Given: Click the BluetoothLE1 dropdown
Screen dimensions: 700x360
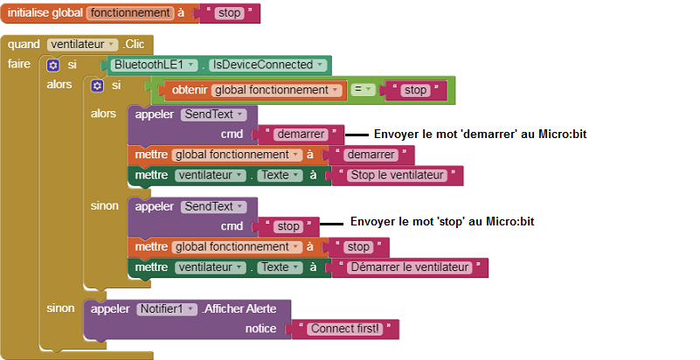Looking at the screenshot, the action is pyautogui.click(x=154, y=65).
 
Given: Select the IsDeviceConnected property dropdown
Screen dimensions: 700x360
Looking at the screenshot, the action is pyautogui.click(x=268, y=65).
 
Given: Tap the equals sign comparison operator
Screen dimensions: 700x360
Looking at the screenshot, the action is pyautogui.click(x=362, y=90).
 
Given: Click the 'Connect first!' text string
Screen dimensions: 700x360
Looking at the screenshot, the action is pyautogui.click(x=345, y=329).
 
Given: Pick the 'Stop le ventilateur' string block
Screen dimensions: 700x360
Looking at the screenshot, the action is pyautogui.click(x=397, y=176).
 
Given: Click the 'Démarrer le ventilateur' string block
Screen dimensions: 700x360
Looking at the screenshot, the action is pyautogui.click(x=409, y=267).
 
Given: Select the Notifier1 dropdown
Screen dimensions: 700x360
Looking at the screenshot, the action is pyautogui.click(x=167, y=308).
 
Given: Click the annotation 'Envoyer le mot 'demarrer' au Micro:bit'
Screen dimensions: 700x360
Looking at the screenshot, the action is pyautogui.click(x=480, y=134).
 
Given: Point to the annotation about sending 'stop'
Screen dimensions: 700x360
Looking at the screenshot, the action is pyautogui.click(x=442, y=221).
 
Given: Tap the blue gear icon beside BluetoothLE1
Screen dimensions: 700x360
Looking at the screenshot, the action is pyautogui.click(x=52, y=66).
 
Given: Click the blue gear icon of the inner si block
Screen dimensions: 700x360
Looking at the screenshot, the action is pyautogui.click(x=97, y=86).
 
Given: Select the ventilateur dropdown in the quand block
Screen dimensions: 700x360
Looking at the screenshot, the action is pyautogui.click(x=83, y=45).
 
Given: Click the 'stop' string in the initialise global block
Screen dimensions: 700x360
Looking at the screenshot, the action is pyautogui.click(x=230, y=13).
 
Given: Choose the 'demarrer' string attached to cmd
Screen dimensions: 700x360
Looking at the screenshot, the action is pyautogui.click(x=301, y=135).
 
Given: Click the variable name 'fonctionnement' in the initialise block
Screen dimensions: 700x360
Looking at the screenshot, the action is pyautogui.click(x=130, y=13).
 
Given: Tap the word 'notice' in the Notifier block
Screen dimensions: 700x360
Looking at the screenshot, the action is pyautogui.click(x=260, y=329).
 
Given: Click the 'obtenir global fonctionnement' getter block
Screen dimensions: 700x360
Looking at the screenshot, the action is pyautogui.click(x=255, y=90).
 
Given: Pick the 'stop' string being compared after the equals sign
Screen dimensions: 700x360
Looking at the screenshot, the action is pyautogui.click(x=416, y=90).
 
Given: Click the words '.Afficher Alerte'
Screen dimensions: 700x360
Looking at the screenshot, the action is pyautogui.click(x=239, y=308).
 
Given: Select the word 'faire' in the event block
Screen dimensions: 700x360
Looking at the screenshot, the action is pyautogui.click(x=18, y=64).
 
